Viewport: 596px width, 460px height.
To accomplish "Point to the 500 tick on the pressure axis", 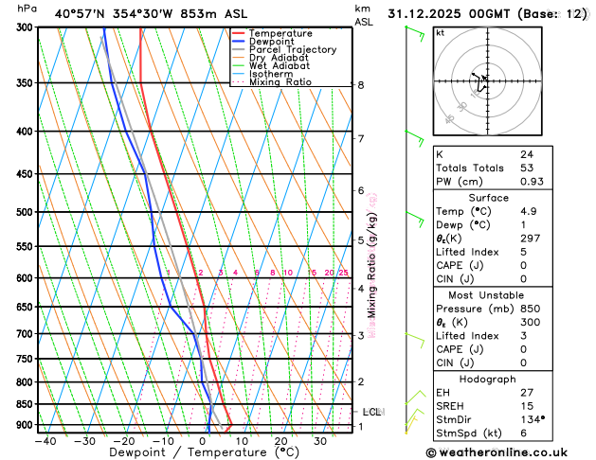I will (x=23, y=212).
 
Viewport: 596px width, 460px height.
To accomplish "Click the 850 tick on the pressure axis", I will (x=23, y=404).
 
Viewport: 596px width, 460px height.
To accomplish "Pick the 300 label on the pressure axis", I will (x=23, y=27).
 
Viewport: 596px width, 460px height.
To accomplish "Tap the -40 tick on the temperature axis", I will (x=44, y=440).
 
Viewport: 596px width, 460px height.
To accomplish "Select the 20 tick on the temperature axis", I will (x=280, y=440).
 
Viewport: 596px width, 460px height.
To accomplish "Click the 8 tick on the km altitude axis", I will (x=361, y=85).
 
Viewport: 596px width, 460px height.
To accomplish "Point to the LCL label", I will (x=371, y=412).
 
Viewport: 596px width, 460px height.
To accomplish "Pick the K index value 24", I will (x=526, y=153).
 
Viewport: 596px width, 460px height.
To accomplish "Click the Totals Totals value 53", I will (x=526, y=168).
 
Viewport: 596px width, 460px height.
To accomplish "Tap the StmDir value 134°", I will (x=531, y=419).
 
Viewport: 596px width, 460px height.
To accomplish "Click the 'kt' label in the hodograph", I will (x=440, y=32).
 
